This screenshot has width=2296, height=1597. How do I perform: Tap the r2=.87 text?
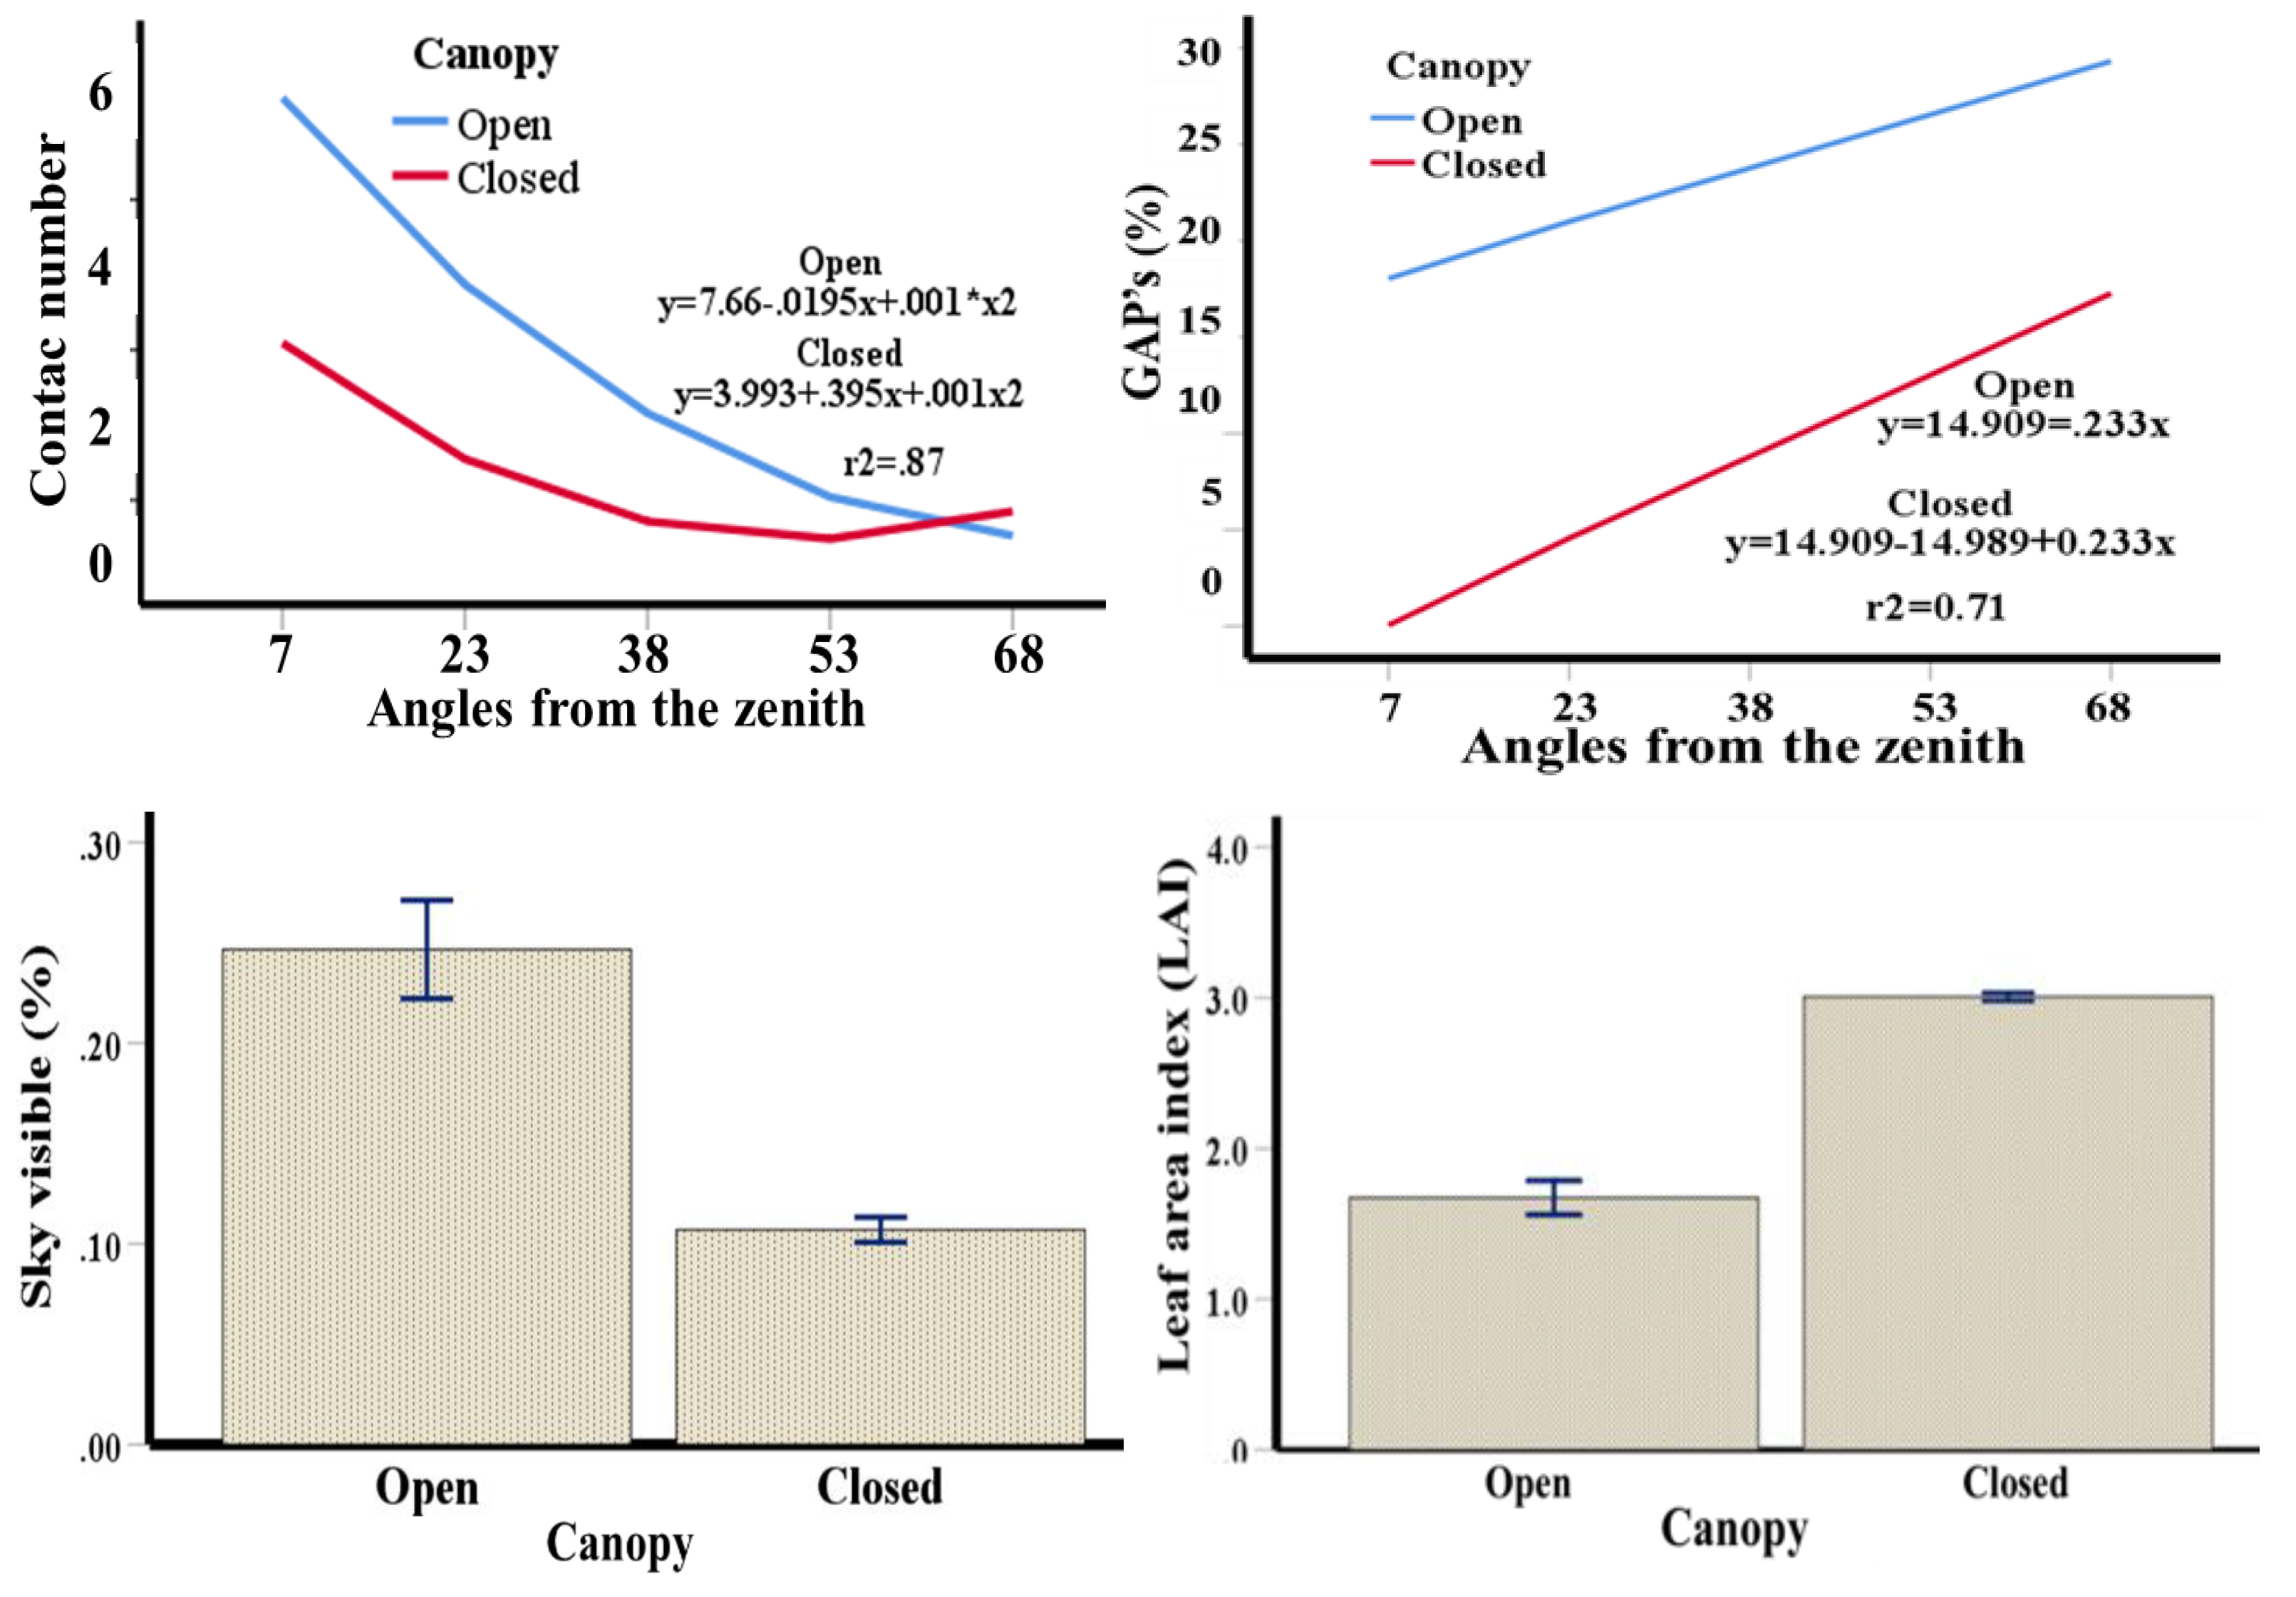(893, 462)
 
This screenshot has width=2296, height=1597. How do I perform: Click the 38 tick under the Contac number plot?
(643, 655)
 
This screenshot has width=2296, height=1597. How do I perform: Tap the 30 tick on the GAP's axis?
(1199, 51)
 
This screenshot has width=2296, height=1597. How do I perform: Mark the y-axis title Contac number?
(48, 320)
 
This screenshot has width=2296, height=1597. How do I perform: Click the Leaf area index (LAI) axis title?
(1176, 1115)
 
